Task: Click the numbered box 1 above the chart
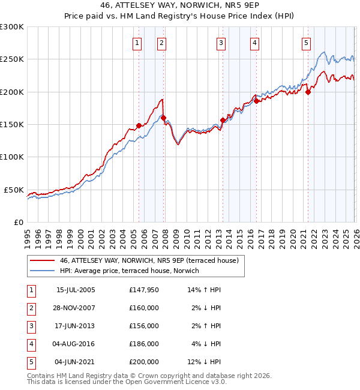tap(137, 43)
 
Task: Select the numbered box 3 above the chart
tap(221, 43)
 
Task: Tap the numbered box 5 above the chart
tap(306, 43)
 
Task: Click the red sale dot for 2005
tap(139, 125)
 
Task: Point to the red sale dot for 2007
tap(164, 118)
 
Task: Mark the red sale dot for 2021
tap(308, 92)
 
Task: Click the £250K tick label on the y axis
tap(12, 59)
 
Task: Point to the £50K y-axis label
tap(14, 190)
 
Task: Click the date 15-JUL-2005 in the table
tap(76, 290)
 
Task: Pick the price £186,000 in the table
tap(144, 344)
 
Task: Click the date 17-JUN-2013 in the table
tap(76, 326)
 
